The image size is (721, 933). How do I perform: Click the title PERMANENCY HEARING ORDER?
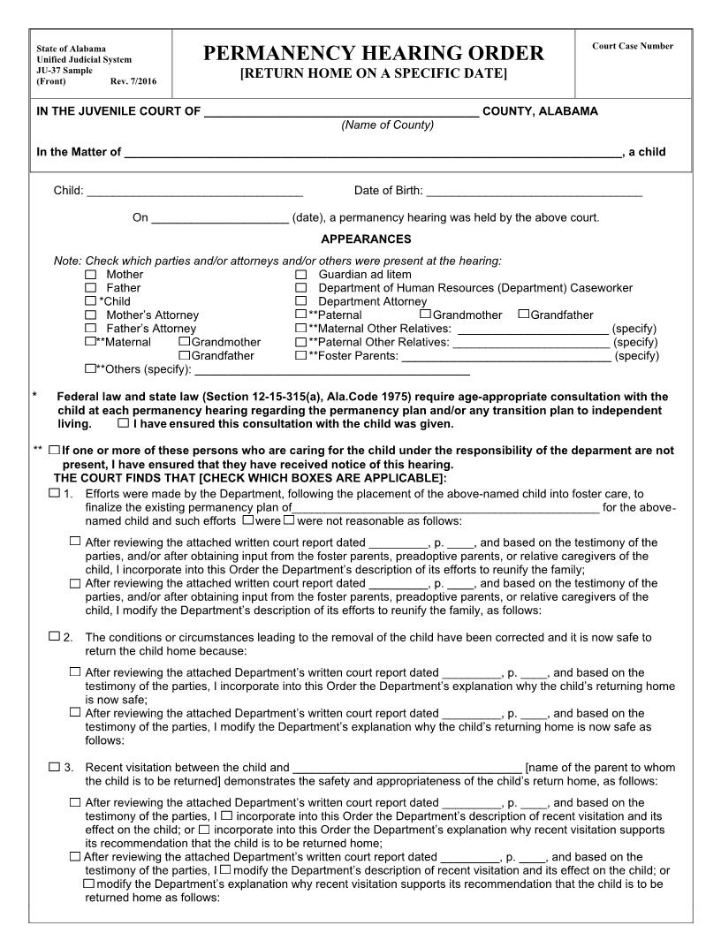(374, 54)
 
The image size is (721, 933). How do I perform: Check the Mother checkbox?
(90, 275)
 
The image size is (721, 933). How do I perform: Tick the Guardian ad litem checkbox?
(300, 275)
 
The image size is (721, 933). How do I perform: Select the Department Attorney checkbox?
(300, 301)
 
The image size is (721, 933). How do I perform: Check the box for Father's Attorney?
(90, 328)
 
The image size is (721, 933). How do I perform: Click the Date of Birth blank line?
(534, 192)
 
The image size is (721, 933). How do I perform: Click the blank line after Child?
(195, 192)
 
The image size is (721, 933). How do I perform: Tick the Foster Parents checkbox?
(300, 355)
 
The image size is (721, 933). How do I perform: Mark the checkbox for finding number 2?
(55, 635)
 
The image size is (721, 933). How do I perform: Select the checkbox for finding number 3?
(55, 766)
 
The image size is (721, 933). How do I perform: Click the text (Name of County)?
(387, 125)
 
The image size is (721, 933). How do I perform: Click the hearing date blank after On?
(220, 218)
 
